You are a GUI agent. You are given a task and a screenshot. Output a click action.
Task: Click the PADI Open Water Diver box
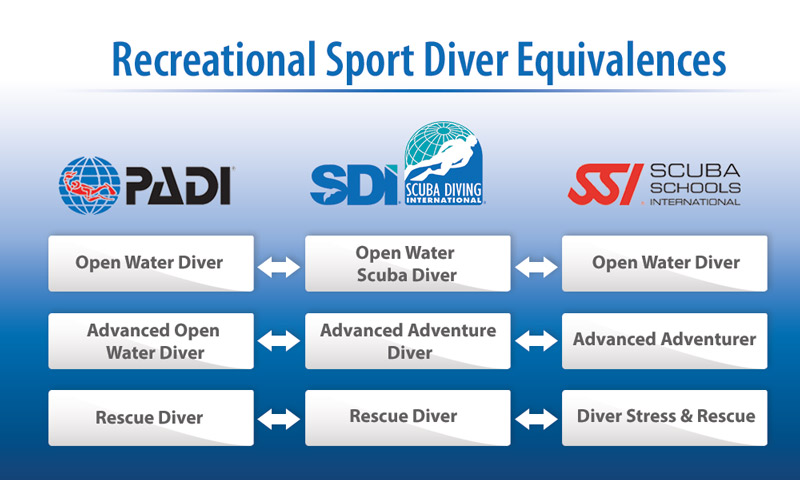[x=150, y=263]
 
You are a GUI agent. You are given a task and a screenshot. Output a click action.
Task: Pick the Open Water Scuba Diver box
[x=407, y=263]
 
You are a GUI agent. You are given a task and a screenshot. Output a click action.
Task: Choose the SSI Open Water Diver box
[x=665, y=263]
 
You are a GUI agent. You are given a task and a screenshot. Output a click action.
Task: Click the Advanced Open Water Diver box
[x=150, y=340]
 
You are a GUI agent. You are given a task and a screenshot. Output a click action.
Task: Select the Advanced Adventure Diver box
[x=407, y=340]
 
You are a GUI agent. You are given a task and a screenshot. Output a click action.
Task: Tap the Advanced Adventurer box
[x=665, y=340]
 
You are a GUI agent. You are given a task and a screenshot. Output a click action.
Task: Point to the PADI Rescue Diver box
[x=150, y=417]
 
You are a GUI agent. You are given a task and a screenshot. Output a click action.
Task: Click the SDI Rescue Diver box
[x=407, y=417]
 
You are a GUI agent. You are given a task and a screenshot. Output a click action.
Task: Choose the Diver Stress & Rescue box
[x=665, y=417]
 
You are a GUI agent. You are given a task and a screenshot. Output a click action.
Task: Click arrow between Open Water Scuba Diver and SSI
[x=535, y=265]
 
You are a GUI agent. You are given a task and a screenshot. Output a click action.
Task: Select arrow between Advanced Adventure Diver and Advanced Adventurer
[x=535, y=341]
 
